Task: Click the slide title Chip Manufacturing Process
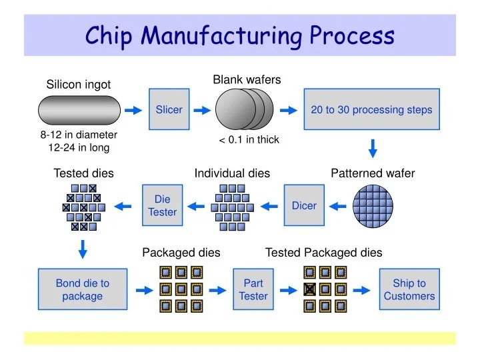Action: point(240,35)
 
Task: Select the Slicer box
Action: point(169,109)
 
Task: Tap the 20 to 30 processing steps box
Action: point(371,109)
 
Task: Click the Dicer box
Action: point(304,205)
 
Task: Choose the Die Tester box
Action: point(162,205)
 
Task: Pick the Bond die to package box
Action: point(82,290)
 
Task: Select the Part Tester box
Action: point(253,290)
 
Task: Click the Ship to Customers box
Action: point(409,290)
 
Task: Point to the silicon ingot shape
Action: point(78,110)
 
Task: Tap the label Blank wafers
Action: point(247,80)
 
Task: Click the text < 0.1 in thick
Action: point(249,140)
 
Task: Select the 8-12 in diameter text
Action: point(79,135)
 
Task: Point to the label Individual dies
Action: point(232,173)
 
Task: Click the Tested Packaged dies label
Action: point(324,253)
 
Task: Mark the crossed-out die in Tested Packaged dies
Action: point(310,289)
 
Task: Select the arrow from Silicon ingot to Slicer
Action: point(133,110)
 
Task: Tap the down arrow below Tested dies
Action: point(83,249)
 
